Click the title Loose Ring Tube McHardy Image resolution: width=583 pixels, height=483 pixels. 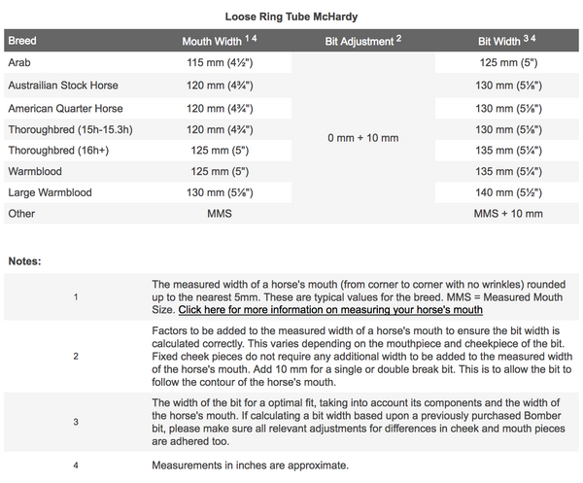coord(291,17)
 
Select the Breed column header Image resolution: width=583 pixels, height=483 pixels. coord(23,43)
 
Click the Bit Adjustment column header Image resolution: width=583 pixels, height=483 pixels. coord(362,43)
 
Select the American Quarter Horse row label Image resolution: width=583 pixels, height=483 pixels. coord(65,108)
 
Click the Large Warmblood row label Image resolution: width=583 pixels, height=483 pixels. coord(50,192)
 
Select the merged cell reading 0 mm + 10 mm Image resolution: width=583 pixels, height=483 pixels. coord(362,138)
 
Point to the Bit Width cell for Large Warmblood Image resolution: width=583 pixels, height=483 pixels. coord(507,192)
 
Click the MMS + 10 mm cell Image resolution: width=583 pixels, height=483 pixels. coord(507,214)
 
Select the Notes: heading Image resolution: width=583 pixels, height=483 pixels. coord(25,261)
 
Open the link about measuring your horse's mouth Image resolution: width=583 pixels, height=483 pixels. coord(330,310)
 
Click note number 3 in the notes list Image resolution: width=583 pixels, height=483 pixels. coord(76,422)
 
